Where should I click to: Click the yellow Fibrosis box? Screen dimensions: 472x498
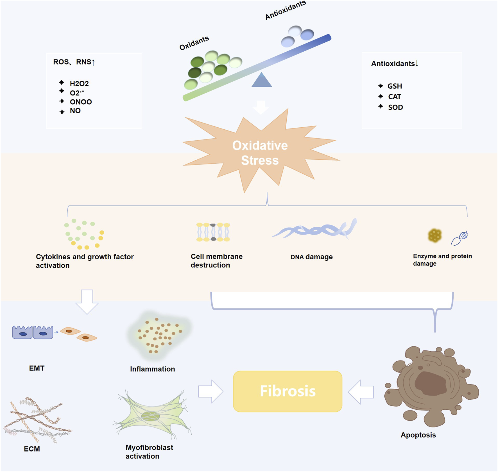(288, 391)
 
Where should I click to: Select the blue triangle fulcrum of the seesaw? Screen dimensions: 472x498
(262, 81)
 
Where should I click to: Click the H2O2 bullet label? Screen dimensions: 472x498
(79, 84)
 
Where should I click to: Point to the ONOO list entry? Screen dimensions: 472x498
(81, 102)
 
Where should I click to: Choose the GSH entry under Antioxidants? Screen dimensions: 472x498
(395, 86)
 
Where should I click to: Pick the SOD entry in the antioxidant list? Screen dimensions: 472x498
(395, 107)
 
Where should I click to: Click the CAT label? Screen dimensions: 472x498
(395, 97)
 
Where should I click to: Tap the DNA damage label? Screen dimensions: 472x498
(311, 257)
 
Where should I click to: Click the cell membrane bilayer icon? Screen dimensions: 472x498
(213, 232)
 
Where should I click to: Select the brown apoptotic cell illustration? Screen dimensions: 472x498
(430, 386)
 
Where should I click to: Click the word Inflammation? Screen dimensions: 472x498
(152, 369)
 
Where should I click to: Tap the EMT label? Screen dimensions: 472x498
(37, 368)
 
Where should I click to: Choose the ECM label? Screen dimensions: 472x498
(32, 449)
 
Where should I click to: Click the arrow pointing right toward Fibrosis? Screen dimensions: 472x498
(210, 391)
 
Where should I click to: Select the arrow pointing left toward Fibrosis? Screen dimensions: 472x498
(361, 392)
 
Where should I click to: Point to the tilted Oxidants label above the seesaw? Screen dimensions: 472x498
(194, 43)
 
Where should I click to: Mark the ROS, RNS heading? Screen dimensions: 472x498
(74, 62)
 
